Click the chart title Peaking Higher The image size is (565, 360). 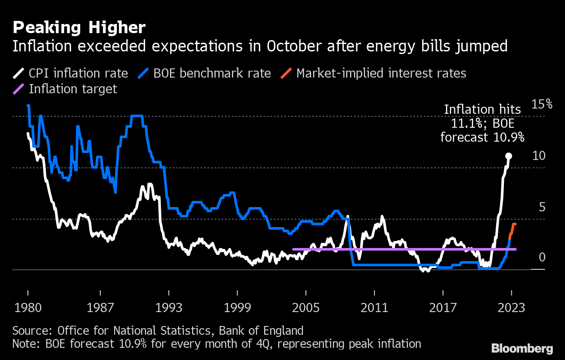(x=79, y=28)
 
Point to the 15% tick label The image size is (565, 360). (x=542, y=105)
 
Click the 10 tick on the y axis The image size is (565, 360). (x=540, y=156)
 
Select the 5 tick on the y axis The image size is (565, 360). (x=542, y=207)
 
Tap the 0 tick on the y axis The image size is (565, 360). (x=542, y=258)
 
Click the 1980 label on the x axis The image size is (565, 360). (x=28, y=307)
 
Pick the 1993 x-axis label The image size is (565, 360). (x=168, y=307)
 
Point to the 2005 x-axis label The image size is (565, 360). (x=306, y=307)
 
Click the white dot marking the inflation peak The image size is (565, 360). (x=508, y=156)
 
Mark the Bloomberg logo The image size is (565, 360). (x=522, y=348)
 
